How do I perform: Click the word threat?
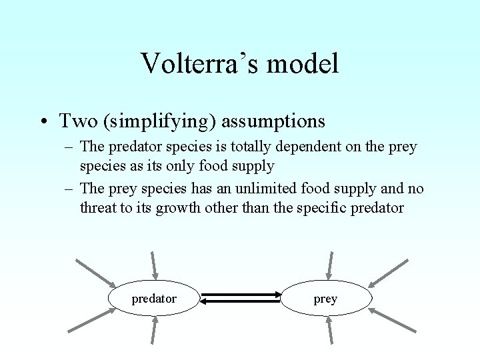98,208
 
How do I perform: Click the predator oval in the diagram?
154,299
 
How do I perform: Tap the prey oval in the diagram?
325,299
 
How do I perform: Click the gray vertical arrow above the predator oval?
154,264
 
